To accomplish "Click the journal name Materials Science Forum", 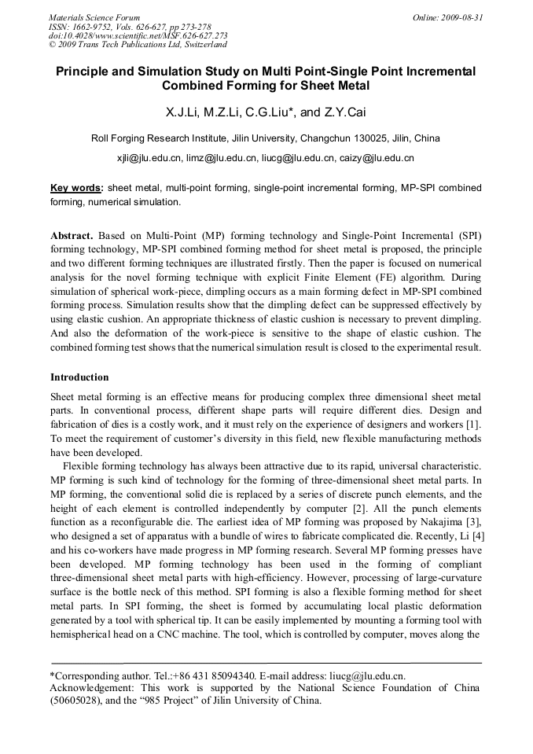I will point(94,17).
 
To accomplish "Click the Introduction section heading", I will point(79,377).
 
